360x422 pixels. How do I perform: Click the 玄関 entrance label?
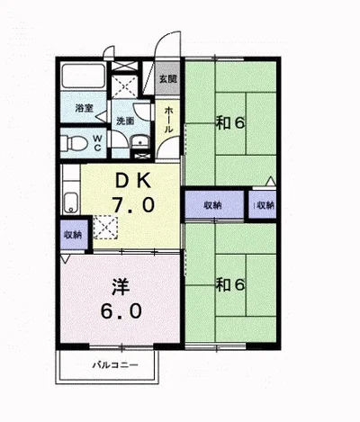tap(167, 79)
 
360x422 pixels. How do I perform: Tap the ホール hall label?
tap(167, 118)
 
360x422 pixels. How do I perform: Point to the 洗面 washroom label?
tap(124, 121)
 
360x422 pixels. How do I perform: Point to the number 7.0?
tap(131, 205)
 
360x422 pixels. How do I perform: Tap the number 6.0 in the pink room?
tap(120, 315)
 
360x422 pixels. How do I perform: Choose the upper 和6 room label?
tap(230, 123)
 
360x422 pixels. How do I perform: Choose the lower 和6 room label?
tap(230, 285)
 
